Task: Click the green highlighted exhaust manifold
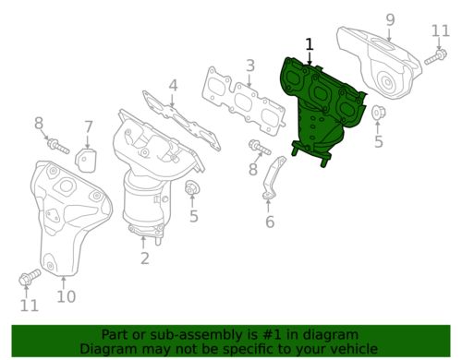tap(319, 111)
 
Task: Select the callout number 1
tap(309, 43)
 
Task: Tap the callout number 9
tap(389, 19)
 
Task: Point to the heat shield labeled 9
tap(379, 65)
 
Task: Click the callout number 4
tap(173, 87)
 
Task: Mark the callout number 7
tap(89, 126)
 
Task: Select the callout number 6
tap(269, 222)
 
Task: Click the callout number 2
tap(145, 259)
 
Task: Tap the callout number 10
tap(65, 296)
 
